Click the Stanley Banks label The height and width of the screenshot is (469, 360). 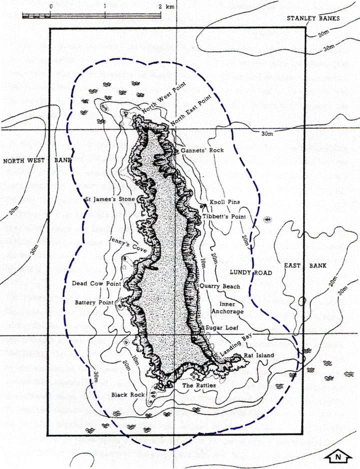pyautogui.click(x=313, y=18)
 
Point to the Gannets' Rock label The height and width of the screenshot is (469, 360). pyautogui.click(x=202, y=150)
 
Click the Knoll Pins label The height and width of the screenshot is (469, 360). pyautogui.click(x=224, y=202)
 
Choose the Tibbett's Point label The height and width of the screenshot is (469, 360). pyautogui.click(x=223, y=216)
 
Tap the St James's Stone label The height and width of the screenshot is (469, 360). pyautogui.click(x=109, y=199)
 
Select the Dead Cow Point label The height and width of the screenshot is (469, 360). pyautogui.click(x=97, y=283)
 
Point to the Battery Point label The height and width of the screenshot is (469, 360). pyautogui.click(x=95, y=302)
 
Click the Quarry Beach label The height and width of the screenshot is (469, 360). pyautogui.click(x=219, y=286)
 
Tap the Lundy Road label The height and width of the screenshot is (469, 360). pyautogui.click(x=250, y=272)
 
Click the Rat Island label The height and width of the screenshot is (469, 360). pyautogui.click(x=259, y=355)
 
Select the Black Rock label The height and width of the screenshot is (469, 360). pyautogui.click(x=128, y=394)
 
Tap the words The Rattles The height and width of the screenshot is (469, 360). pyautogui.click(x=199, y=385)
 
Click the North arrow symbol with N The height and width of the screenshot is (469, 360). pyautogui.click(x=338, y=456)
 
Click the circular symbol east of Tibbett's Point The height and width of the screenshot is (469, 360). pyautogui.click(x=268, y=219)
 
